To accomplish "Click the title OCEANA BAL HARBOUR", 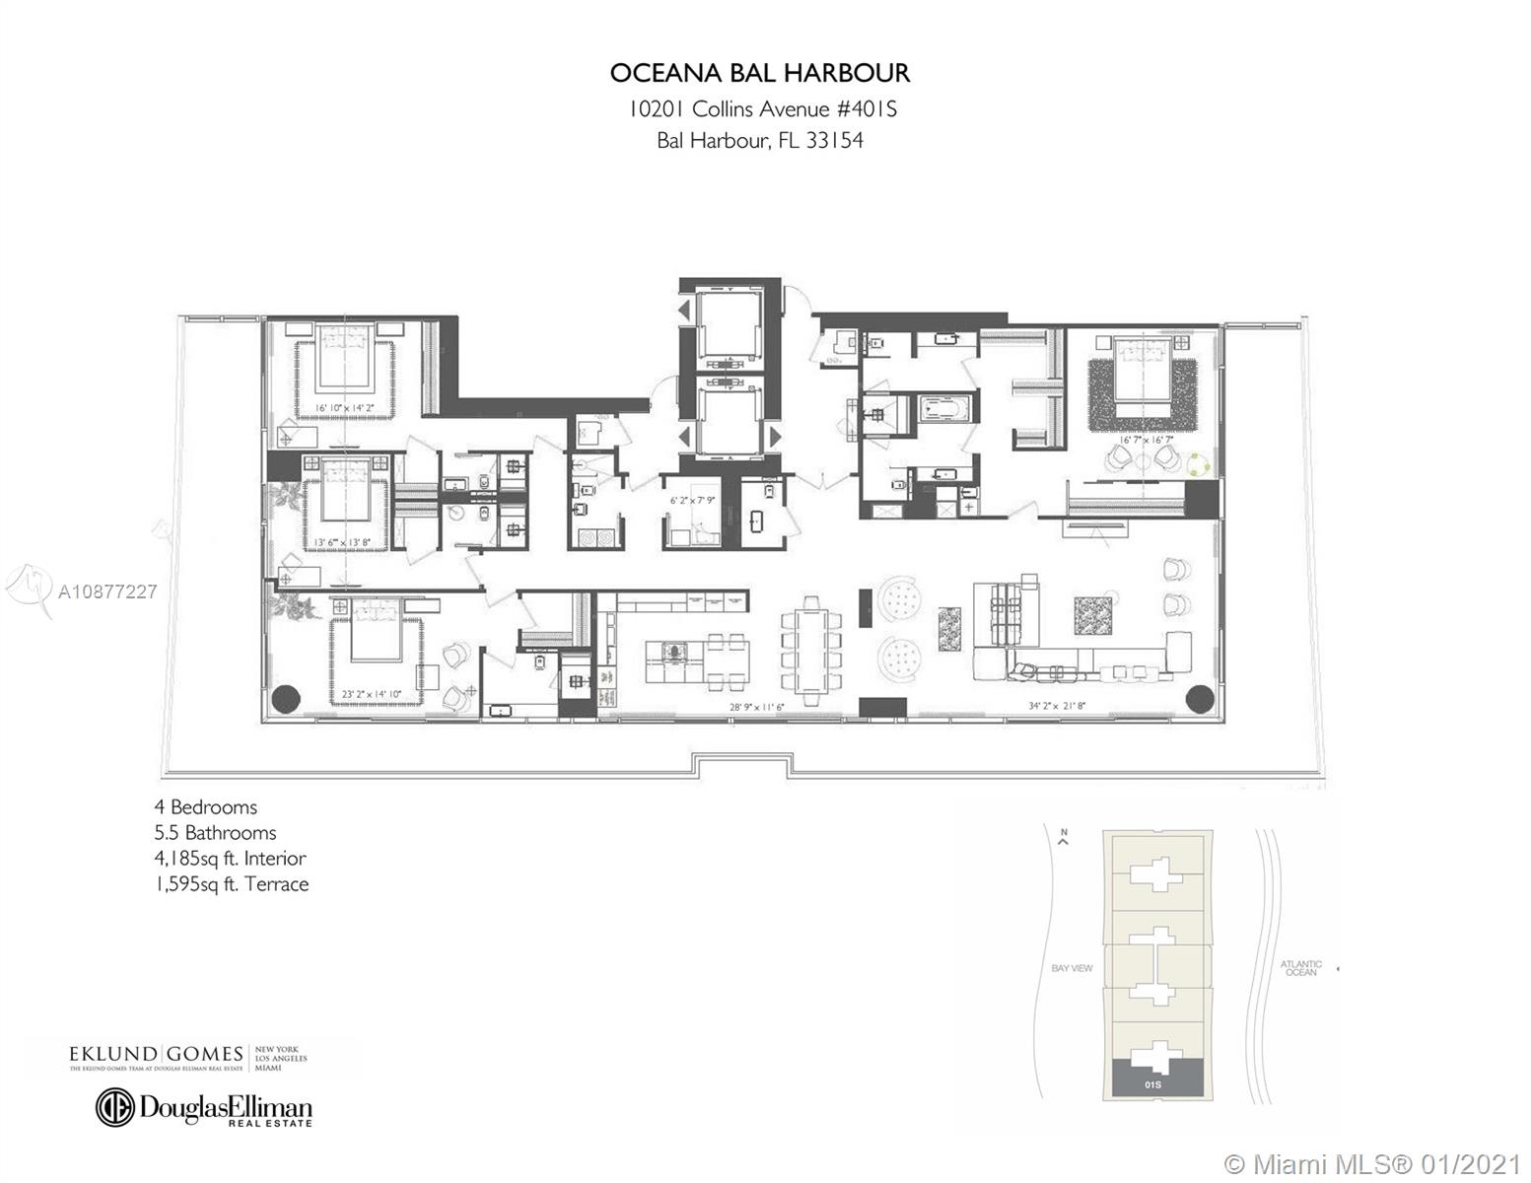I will (759, 74).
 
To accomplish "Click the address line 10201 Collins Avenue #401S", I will (762, 108).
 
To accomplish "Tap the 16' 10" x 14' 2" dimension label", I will (344, 406).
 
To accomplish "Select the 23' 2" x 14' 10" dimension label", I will (372, 694).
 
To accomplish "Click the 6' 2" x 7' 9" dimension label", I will (692, 500).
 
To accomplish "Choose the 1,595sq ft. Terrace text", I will (232, 884).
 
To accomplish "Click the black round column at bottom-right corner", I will (1199, 698).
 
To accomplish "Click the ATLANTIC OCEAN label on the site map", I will (1300, 968).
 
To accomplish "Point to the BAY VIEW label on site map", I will (1072, 968).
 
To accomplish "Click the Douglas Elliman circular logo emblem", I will (114, 1107).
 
